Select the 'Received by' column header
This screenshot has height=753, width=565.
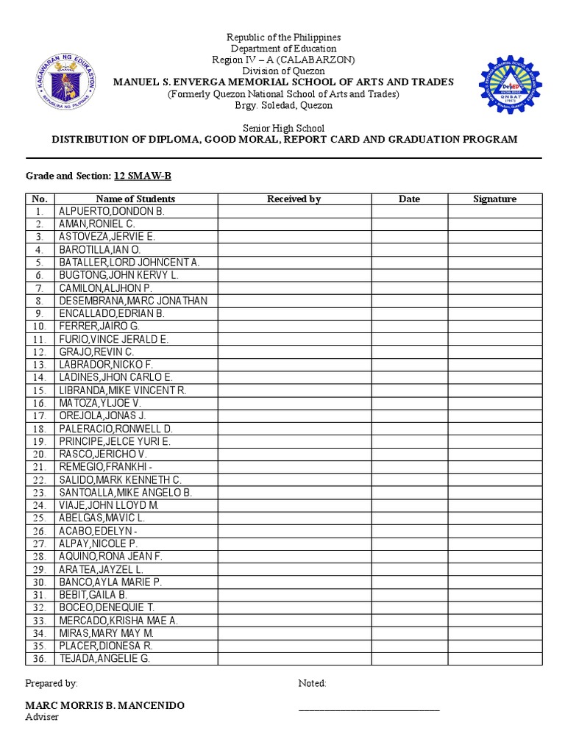coord(294,199)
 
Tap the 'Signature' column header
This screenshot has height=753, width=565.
coord(494,199)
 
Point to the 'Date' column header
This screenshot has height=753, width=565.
coord(409,199)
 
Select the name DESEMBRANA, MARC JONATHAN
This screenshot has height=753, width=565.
coord(133,301)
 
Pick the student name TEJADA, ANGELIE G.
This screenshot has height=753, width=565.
coord(104,658)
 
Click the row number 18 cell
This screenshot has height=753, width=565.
coord(40,429)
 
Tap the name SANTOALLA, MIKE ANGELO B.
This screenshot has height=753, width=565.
coord(125,493)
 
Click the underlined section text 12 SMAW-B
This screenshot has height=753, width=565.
coord(143,176)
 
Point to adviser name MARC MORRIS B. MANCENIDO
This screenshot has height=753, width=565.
coord(105,705)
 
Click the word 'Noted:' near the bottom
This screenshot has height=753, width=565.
coord(312,683)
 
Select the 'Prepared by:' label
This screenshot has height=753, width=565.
coord(51,683)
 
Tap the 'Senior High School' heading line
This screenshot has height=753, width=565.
coord(283,129)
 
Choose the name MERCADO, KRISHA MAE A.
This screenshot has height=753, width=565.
coord(118,620)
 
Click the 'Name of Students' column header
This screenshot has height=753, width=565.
coord(135,199)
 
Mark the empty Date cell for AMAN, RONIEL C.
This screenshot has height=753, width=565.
coord(409,224)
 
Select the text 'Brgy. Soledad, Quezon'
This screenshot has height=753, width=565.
coord(283,105)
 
